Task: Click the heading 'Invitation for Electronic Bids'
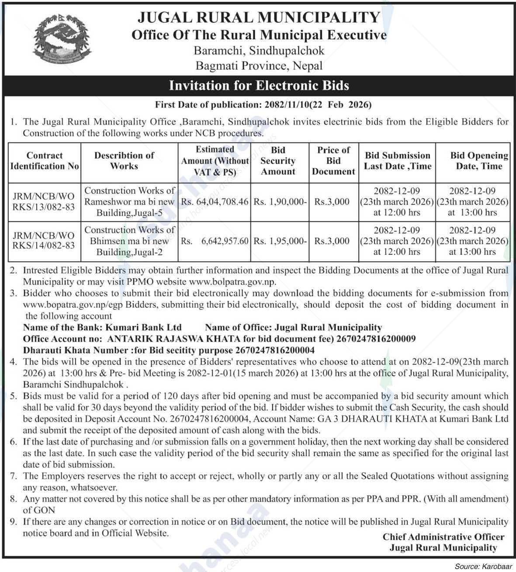coord(259,85)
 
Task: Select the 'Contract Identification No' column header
coord(45,161)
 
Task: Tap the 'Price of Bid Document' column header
coord(333,161)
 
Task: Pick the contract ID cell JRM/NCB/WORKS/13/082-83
coord(45,201)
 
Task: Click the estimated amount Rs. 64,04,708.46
coord(215,202)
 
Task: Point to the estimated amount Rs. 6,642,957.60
coord(215,241)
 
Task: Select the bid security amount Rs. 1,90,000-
coord(280,202)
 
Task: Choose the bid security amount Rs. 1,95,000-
coord(280,241)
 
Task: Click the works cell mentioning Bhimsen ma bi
coord(129,241)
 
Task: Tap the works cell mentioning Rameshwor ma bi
coord(129,201)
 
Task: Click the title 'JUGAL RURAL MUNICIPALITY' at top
coord(259,17)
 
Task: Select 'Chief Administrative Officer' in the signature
coord(443,537)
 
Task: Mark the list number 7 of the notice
coord(14,475)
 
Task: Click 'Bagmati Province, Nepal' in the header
coord(259,66)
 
